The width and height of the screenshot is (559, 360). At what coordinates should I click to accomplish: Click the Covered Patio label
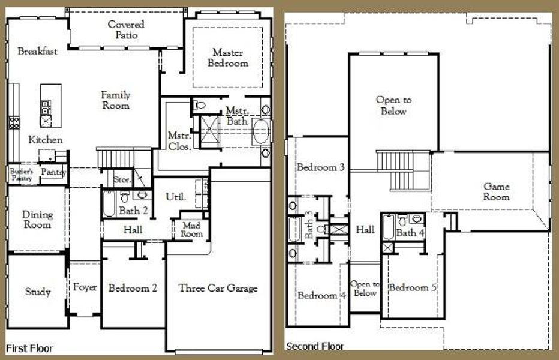126,29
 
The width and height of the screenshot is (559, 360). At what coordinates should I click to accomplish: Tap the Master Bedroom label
228,58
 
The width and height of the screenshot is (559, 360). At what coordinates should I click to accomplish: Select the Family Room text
115,100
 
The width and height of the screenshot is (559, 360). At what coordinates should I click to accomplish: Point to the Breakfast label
37,51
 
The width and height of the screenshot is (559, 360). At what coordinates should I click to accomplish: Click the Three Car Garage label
218,288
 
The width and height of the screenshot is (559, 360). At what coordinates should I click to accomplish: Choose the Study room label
37,292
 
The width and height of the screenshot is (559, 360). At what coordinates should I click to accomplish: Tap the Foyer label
85,287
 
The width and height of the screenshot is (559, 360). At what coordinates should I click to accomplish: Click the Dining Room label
37,220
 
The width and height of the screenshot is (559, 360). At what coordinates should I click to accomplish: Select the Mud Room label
192,230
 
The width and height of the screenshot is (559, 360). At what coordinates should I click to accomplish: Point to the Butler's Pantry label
19,174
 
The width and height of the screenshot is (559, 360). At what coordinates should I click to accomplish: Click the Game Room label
497,191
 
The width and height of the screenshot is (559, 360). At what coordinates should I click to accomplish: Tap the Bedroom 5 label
412,287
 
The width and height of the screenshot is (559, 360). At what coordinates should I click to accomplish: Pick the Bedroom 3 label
320,167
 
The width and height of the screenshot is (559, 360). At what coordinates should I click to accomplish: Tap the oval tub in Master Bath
261,131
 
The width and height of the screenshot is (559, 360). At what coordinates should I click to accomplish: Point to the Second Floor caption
315,346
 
